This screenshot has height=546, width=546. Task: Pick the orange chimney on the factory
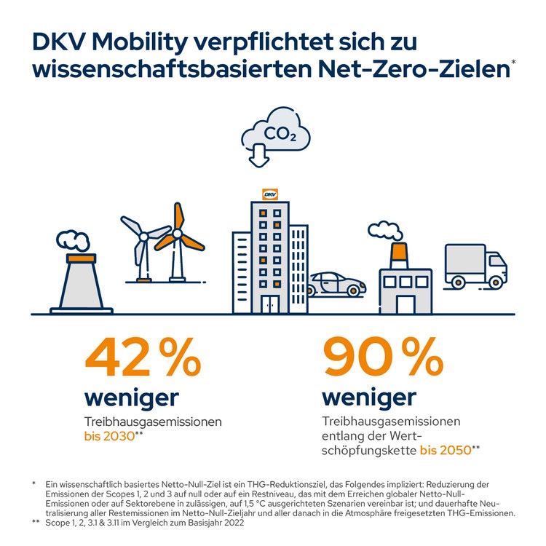pyautogui.click(x=397, y=255)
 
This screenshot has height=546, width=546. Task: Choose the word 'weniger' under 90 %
pyautogui.click(x=369, y=397)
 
